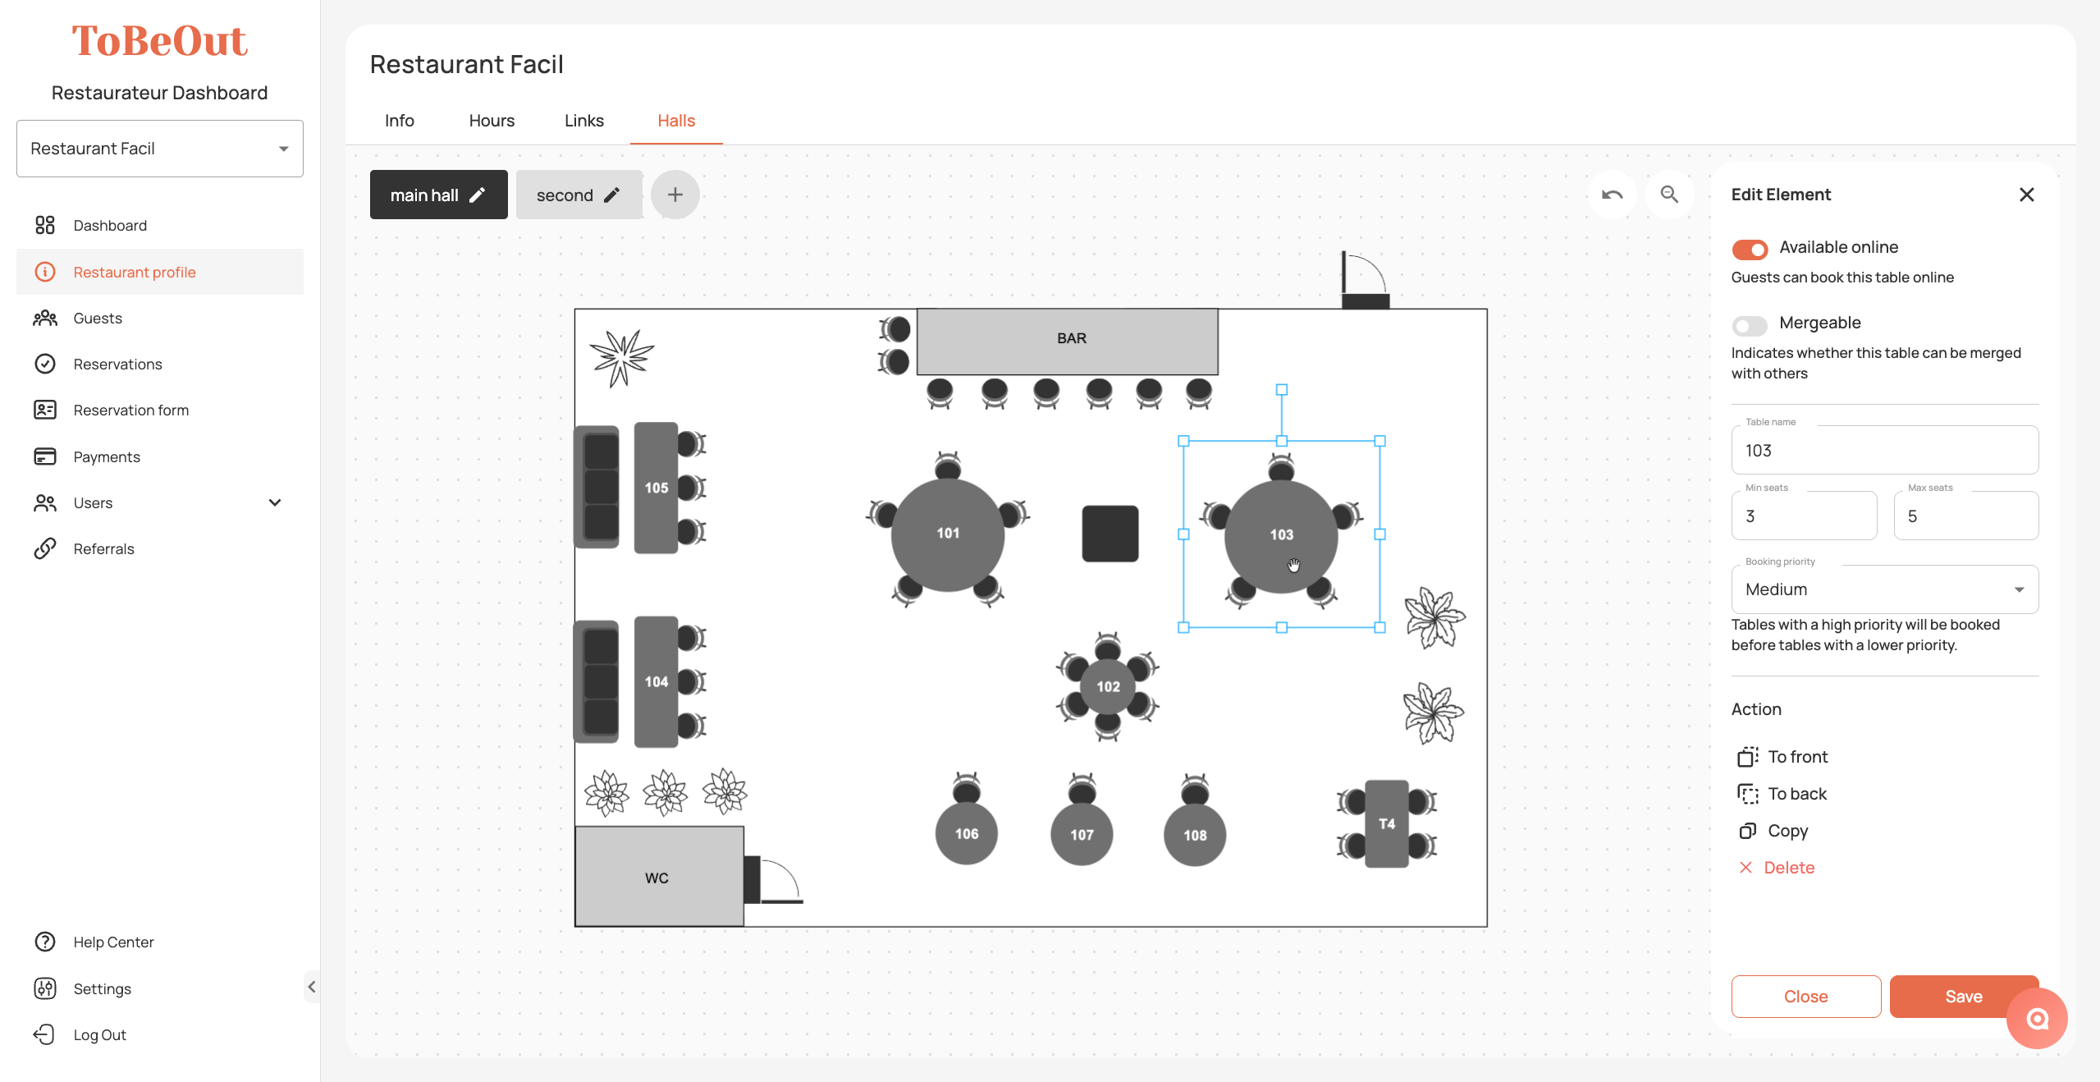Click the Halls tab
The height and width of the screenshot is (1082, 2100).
(x=676, y=121)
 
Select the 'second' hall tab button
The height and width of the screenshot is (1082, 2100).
(x=579, y=195)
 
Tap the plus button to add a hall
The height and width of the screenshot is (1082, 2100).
(x=675, y=195)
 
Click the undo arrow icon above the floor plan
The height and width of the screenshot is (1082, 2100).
(x=1612, y=195)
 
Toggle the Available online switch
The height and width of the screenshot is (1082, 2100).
(x=1750, y=249)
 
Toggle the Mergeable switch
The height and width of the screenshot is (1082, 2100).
(x=1750, y=325)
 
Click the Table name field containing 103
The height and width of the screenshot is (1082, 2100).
(x=1884, y=450)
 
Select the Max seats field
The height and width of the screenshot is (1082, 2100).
(x=1965, y=516)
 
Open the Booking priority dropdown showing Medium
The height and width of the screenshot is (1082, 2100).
(x=1884, y=589)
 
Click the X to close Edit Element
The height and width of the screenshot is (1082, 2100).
(x=2026, y=195)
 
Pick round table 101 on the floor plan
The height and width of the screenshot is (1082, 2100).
(x=948, y=534)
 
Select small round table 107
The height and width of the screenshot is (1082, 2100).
(x=1082, y=834)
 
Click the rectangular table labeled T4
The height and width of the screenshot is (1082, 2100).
(x=1387, y=823)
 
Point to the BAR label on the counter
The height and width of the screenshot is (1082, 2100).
(x=1072, y=338)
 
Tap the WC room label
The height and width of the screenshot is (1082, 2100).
(x=657, y=878)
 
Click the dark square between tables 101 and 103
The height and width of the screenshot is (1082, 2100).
(x=1110, y=534)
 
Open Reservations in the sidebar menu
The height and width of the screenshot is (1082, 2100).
(x=117, y=364)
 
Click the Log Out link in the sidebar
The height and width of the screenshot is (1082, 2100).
(x=99, y=1034)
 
